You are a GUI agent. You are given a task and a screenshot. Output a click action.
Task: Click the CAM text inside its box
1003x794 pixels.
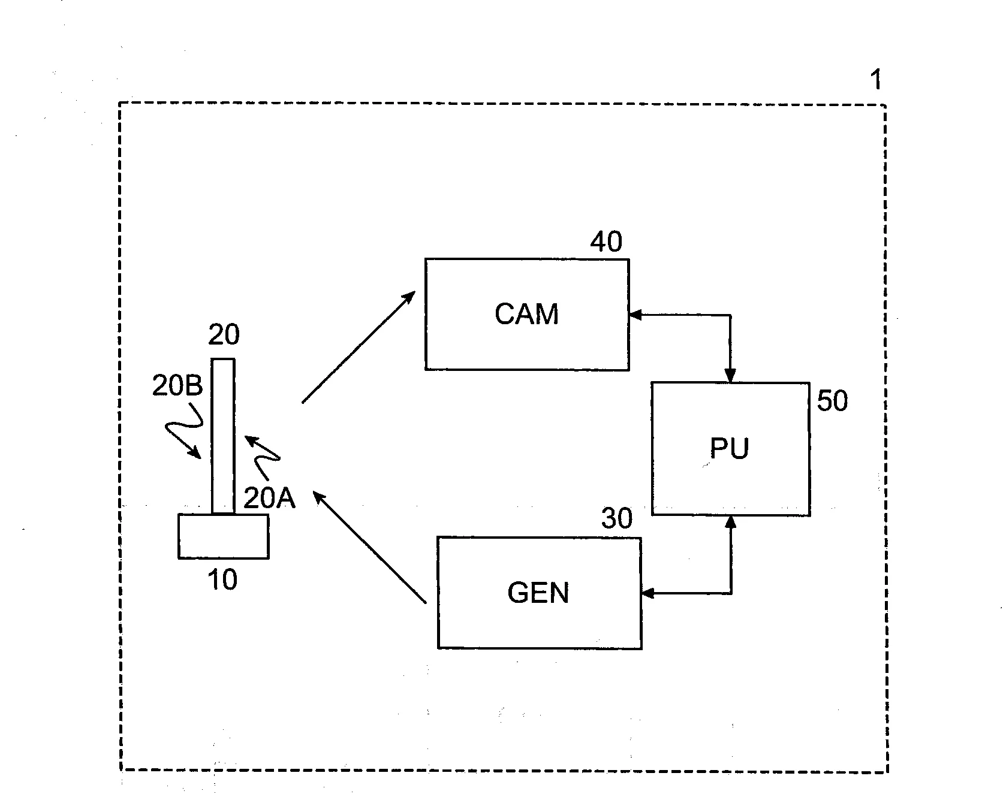pos(526,315)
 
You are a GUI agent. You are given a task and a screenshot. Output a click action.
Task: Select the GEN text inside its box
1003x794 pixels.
pos(538,593)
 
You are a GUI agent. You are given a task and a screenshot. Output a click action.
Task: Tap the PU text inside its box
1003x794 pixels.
pos(729,449)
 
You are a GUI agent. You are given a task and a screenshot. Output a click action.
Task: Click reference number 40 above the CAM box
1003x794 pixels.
pos(606,242)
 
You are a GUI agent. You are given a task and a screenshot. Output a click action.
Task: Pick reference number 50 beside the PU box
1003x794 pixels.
pos(832,401)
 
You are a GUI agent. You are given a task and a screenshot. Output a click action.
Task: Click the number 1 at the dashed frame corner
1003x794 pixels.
pos(876,80)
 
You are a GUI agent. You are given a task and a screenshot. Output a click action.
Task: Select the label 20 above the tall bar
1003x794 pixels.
pos(224,335)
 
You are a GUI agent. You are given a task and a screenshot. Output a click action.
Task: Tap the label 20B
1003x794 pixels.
pos(177,387)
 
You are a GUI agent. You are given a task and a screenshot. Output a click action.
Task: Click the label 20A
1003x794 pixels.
pos(269,499)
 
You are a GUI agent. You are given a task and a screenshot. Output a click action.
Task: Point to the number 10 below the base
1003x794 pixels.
pos(222,579)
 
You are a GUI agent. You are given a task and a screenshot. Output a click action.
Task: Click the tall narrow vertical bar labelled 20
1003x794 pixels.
pos(223,436)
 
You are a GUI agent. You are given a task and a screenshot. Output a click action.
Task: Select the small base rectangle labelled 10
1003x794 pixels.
pos(223,536)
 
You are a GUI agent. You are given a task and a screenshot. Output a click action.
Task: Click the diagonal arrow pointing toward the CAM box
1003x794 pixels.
pos(359,347)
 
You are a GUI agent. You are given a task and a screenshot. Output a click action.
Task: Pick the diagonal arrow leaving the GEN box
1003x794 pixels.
pos(369,547)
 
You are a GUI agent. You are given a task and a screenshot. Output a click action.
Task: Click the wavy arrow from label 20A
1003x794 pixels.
pos(262,454)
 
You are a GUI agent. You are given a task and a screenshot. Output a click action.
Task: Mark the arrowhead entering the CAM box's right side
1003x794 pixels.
pos(634,315)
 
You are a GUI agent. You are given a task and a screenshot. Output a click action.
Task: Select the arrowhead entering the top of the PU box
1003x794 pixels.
pos(730,376)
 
